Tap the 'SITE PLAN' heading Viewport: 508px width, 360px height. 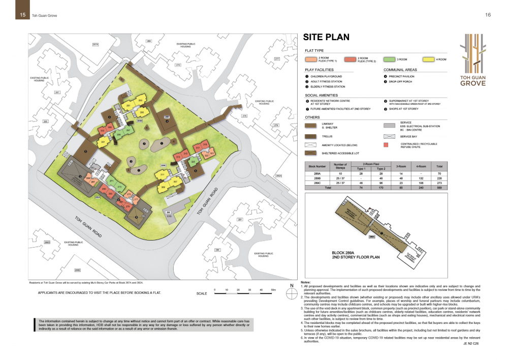click(x=326, y=37)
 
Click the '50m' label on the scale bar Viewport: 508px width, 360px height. click(x=273, y=289)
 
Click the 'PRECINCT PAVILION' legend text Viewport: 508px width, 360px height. click(x=403, y=76)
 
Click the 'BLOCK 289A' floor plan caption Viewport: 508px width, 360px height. click(x=345, y=252)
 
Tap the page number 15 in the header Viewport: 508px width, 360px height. click(x=23, y=15)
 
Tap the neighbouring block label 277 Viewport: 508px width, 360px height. click(x=277, y=59)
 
